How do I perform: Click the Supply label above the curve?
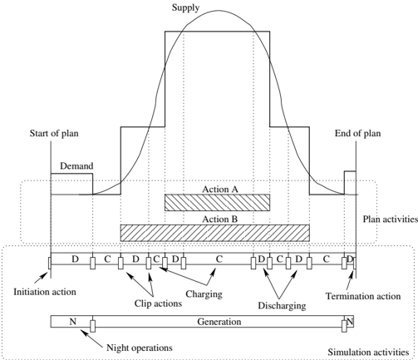tap(185, 7)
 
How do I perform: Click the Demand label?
tap(76, 166)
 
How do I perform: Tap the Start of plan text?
tap(54, 134)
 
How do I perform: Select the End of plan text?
tap(357, 134)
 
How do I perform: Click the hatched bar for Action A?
tap(217, 203)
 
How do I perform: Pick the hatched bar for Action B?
tap(215, 233)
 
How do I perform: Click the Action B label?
tap(219, 219)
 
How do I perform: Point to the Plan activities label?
tap(391, 219)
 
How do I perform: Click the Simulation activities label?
tap(368, 353)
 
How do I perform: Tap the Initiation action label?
tap(45, 292)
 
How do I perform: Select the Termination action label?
tap(363, 296)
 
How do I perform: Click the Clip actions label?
tap(158, 303)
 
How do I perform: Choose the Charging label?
tap(204, 294)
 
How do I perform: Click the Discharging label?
tap(282, 306)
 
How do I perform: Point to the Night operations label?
tap(140, 348)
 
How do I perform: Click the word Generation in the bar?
tap(219, 322)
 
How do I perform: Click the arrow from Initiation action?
tap(41, 278)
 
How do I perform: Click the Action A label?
tap(220, 190)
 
